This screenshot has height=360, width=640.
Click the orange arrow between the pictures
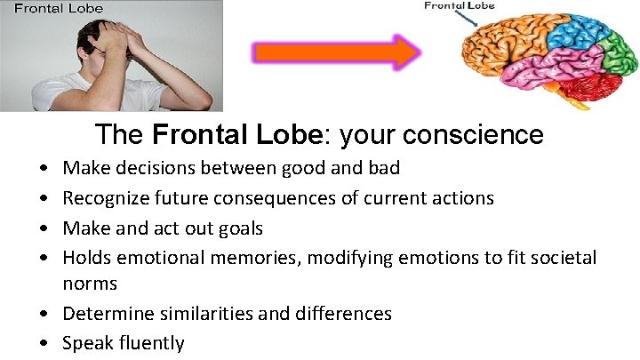pyautogui.click(x=336, y=52)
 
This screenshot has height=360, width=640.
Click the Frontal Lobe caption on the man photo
pyautogui.click(x=57, y=9)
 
